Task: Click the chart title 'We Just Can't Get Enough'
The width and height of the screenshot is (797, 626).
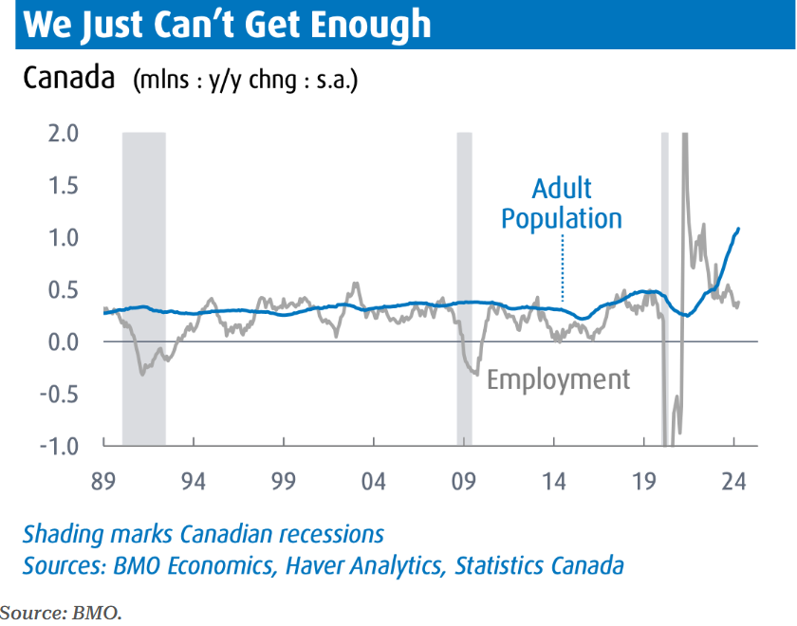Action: tap(228, 24)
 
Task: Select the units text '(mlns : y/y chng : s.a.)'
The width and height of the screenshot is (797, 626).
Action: tap(246, 79)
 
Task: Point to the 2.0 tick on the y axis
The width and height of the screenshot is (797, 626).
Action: tap(62, 133)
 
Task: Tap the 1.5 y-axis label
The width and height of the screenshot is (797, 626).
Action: tap(62, 185)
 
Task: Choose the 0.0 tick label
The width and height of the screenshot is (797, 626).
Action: tap(62, 341)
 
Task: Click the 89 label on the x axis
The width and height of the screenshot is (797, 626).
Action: tap(103, 481)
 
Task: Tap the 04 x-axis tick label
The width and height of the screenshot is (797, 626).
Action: tap(374, 481)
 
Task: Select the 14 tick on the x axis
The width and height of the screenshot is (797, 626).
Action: tap(554, 481)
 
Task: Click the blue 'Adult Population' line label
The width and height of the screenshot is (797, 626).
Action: tap(562, 203)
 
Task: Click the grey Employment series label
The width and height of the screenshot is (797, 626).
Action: tap(558, 380)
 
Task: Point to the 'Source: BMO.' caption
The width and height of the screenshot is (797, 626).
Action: tap(62, 612)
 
